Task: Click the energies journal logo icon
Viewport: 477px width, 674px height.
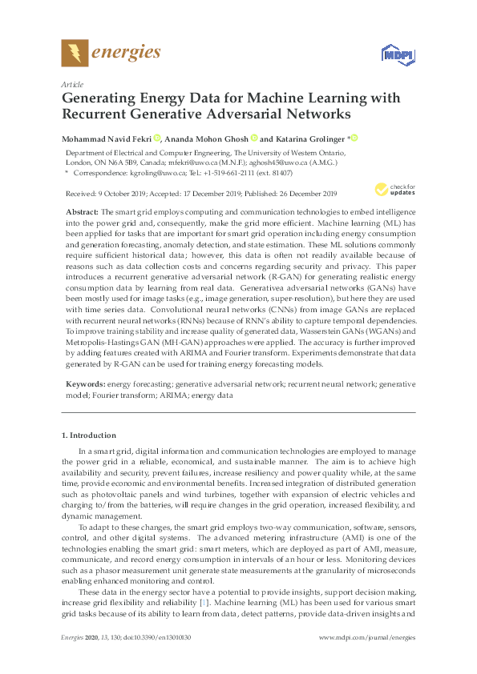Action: pos(75,54)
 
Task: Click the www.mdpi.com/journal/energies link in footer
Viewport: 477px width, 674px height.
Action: pos(367,659)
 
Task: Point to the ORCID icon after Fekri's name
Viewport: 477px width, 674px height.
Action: pos(157,138)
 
